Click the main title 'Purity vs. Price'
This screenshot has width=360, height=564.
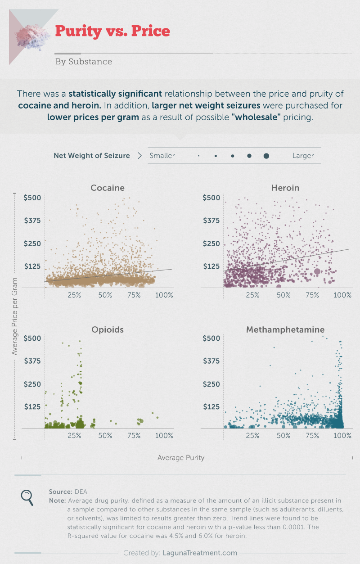click(x=112, y=31)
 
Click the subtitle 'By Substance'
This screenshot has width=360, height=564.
click(x=83, y=62)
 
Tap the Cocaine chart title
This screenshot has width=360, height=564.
click(x=107, y=188)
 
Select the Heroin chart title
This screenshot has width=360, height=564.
click(x=285, y=188)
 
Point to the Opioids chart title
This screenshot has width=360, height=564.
click(x=107, y=329)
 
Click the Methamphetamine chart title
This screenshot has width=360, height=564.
click(x=285, y=329)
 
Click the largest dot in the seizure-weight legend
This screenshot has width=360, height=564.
click(x=266, y=156)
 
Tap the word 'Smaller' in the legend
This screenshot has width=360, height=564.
click(x=162, y=156)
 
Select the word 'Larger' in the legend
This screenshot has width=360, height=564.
click(x=303, y=156)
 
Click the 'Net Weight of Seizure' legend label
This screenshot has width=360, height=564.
click(x=92, y=156)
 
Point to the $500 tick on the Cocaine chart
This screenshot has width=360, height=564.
click(x=32, y=198)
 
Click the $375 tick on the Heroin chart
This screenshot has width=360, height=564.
click(x=211, y=220)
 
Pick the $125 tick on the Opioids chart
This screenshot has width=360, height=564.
click(x=32, y=406)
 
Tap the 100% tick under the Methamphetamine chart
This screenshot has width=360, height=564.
click(x=342, y=436)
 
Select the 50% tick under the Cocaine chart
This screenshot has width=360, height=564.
click(x=105, y=295)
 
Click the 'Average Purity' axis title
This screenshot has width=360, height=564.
click(x=181, y=458)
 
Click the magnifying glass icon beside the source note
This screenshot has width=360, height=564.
click(x=27, y=496)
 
